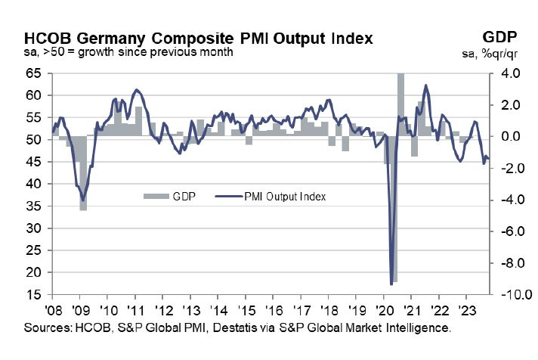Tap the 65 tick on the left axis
click(x=33, y=74)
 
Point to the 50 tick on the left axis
click(x=33, y=140)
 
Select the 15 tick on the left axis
click(x=33, y=294)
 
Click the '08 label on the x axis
click(x=53, y=310)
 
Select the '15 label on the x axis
click(x=245, y=310)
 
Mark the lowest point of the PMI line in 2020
click(x=391, y=284)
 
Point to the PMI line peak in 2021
click(x=426, y=85)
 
